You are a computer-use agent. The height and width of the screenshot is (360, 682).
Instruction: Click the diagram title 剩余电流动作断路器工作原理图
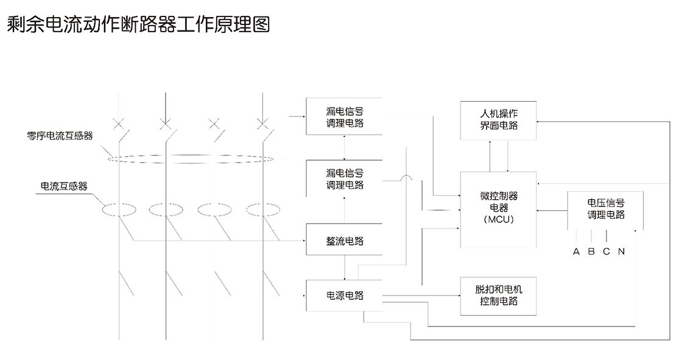tap(138, 25)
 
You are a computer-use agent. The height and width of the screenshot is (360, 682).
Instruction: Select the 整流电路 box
tap(345, 241)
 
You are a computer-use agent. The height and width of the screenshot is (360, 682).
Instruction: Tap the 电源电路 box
tap(345, 295)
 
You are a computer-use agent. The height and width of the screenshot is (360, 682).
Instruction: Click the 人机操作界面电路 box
tap(498, 119)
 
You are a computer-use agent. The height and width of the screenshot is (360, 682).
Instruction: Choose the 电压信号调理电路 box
tap(605, 209)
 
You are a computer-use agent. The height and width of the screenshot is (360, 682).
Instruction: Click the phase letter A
tap(576, 252)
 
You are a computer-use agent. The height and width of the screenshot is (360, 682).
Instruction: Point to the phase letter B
tap(591, 252)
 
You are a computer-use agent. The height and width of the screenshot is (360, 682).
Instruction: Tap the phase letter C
tap(606, 252)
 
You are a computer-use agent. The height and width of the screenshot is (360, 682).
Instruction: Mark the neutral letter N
tap(621, 252)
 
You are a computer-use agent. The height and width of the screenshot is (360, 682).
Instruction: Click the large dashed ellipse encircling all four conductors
tap(191, 160)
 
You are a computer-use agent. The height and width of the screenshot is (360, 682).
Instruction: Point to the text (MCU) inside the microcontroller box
tap(498, 220)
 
